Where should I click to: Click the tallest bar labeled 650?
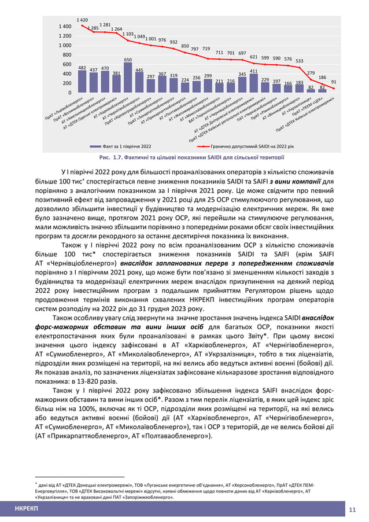[x=128, y=78]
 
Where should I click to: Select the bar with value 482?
[x=83, y=82]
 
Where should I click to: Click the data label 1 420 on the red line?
[x=83, y=20]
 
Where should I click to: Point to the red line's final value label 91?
[x=334, y=83]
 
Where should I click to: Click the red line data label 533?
[x=299, y=60]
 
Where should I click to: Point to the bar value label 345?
[x=242, y=74]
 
